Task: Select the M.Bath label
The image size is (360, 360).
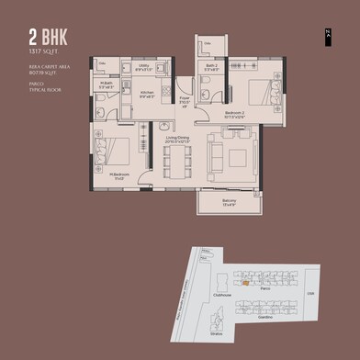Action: [x=107, y=85]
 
